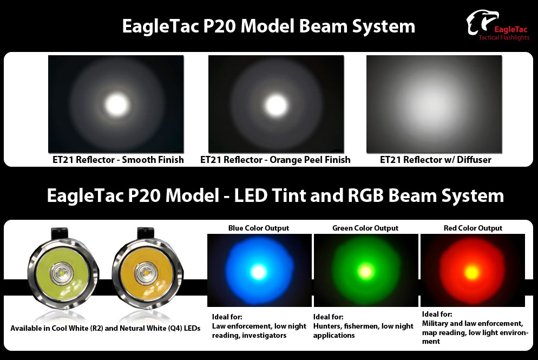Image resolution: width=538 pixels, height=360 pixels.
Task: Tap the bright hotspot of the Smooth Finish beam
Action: click(x=117, y=104)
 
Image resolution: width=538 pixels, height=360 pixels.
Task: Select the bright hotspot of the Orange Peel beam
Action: click(x=276, y=104)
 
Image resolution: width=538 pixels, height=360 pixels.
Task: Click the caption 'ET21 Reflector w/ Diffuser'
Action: click(x=435, y=160)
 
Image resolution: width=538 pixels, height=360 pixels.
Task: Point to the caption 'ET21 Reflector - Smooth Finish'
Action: click(x=118, y=160)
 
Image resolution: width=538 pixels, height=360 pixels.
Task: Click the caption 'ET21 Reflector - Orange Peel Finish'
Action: click(x=275, y=160)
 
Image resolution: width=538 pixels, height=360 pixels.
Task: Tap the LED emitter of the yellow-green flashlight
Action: click(x=62, y=273)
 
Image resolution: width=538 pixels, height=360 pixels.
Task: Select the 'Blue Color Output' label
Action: click(x=259, y=228)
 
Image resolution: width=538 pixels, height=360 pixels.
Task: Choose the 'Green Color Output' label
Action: click(x=365, y=228)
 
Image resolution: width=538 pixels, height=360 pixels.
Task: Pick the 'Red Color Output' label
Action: click(x=473, y=228)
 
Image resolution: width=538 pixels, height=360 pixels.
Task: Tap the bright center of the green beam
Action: click(x=365, y=272)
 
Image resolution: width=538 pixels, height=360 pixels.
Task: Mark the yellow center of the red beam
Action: click(x=472, y=273)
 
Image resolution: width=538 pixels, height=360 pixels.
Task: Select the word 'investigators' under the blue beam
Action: click(x=264, y=335)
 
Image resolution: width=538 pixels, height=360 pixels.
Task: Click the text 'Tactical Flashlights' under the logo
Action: click(x=504, y=37)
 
